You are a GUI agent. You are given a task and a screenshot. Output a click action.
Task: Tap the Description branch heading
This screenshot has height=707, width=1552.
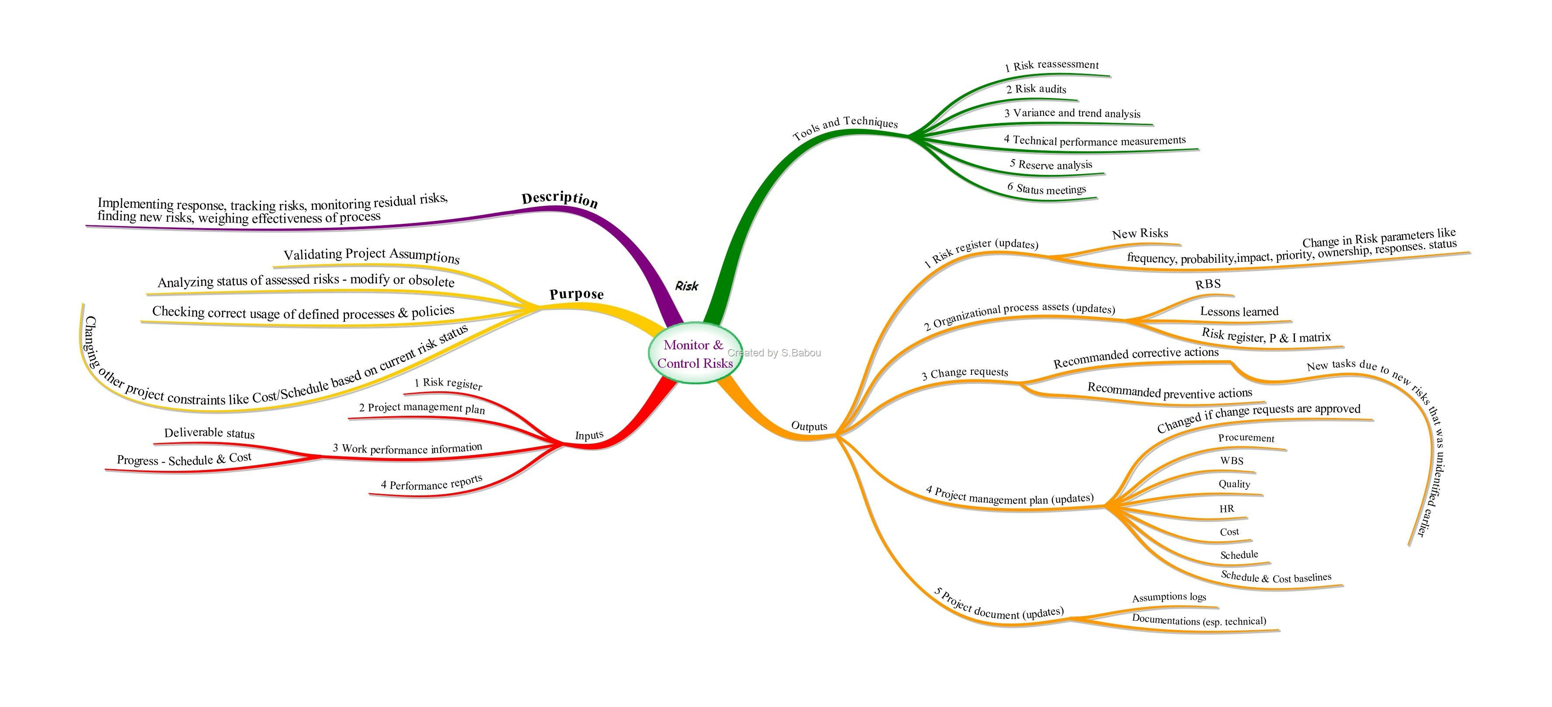pos(560,199)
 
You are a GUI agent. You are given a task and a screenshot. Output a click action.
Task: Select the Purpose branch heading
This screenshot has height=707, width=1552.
pos(577,294)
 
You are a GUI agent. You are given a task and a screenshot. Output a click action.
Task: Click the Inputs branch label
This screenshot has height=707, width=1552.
pos(589,435)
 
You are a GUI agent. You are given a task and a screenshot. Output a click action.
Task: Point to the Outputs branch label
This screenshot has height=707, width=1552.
pos(809,426)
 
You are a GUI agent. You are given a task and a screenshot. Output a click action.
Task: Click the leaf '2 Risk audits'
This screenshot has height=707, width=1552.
pos(1036,89)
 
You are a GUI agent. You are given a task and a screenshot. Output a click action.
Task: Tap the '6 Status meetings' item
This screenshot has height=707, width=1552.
pos(1047,188)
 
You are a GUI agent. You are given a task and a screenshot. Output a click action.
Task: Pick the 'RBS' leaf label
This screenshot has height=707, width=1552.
pos(1208,284)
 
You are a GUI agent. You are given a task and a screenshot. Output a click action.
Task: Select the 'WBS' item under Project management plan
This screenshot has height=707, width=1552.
pos(1232,460)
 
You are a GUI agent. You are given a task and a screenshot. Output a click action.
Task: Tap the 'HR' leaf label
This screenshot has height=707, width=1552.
pos(1227,508)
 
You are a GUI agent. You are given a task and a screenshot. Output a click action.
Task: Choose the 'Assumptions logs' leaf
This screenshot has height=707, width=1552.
pos(1169,597)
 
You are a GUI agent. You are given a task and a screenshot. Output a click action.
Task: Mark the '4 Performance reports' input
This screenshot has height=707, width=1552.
pos(431,484)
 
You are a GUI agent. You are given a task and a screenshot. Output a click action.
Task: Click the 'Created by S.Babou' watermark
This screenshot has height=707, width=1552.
pos(774,353)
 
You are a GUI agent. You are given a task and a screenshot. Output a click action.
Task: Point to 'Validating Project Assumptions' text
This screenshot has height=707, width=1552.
pos(371,255)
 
